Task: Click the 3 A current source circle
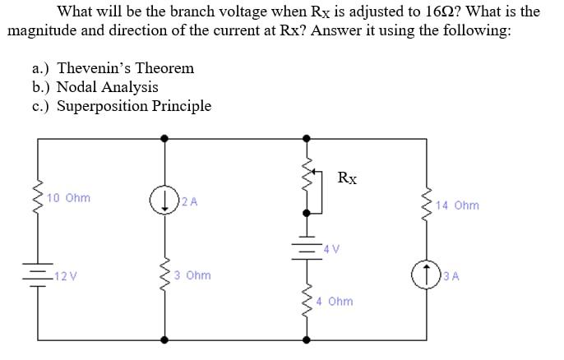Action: [x=428, y=274]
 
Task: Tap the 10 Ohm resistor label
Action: [x=69, y=198]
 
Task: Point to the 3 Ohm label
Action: [x=192, y=275]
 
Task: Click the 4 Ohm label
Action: [x=335, y=301]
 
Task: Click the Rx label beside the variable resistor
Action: [x=347, y=178]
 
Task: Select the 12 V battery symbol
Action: [x=37, y=273]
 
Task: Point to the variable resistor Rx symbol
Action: [x=310, y=186]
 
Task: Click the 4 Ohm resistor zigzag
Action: [x=308, y=301]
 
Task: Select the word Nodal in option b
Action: [x=76, y=87]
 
